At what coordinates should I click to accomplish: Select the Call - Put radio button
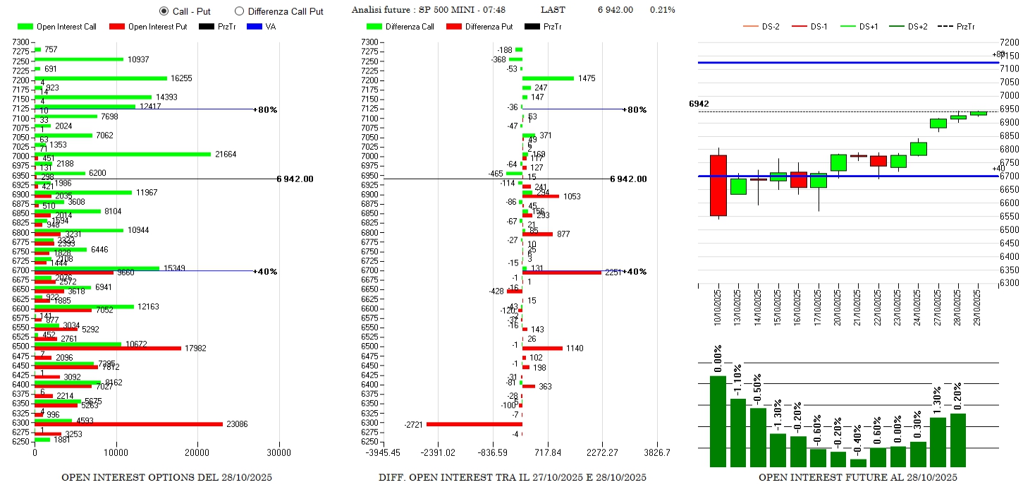tap(164, 11)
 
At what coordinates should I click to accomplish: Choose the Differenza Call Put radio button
tap(239, 11)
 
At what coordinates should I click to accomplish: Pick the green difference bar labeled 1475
tap(548, 78)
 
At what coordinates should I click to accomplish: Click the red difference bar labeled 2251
tap(562, 272)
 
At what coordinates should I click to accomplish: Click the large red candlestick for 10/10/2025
tap(718, 186)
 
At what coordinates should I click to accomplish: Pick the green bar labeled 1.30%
tap(938, 442)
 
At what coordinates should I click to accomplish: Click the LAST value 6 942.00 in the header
tap(615, 10)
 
